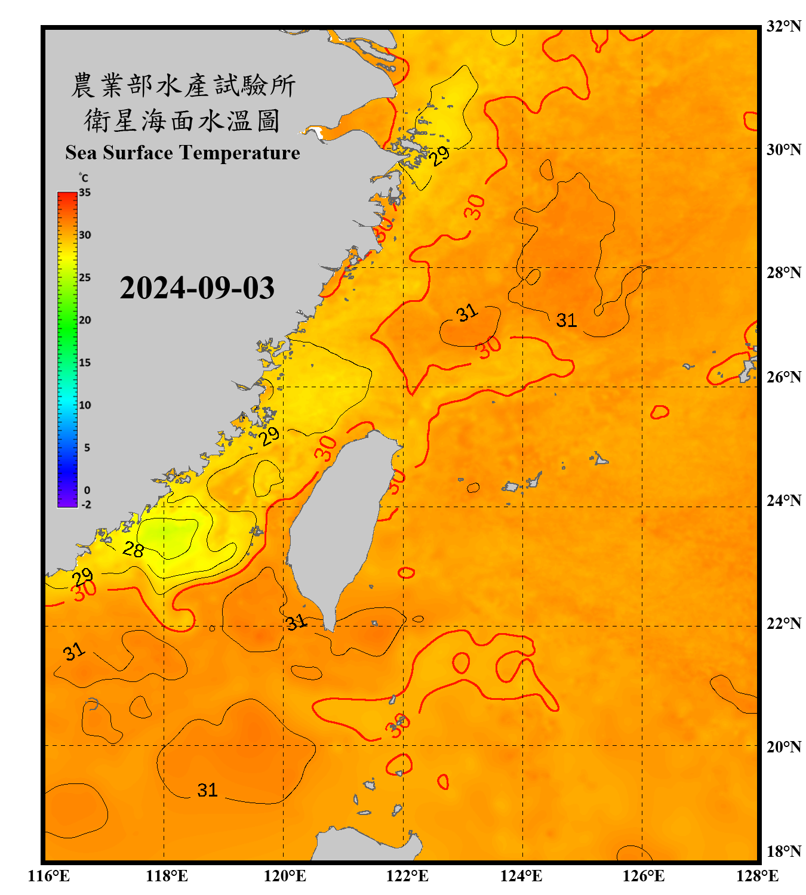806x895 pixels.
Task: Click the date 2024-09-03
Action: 197,288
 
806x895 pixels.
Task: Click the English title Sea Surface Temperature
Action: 183,153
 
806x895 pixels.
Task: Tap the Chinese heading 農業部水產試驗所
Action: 183,85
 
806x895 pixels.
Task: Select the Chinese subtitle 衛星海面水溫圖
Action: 182,121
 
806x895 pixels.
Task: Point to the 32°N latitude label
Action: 783,26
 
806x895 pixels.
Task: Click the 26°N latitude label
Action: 783,377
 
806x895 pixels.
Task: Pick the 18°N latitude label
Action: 783,851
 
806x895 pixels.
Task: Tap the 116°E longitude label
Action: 49,876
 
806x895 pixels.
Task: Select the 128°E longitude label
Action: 757,876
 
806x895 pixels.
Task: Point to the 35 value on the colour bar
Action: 85,193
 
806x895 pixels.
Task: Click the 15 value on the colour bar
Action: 85,363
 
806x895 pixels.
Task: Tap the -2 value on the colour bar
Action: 86,505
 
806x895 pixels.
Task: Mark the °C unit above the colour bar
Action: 84,178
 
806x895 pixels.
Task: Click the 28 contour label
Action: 133,548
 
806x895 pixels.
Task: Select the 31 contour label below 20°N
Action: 207,790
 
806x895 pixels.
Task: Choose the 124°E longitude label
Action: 521,876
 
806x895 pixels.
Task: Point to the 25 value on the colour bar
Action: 85,277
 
